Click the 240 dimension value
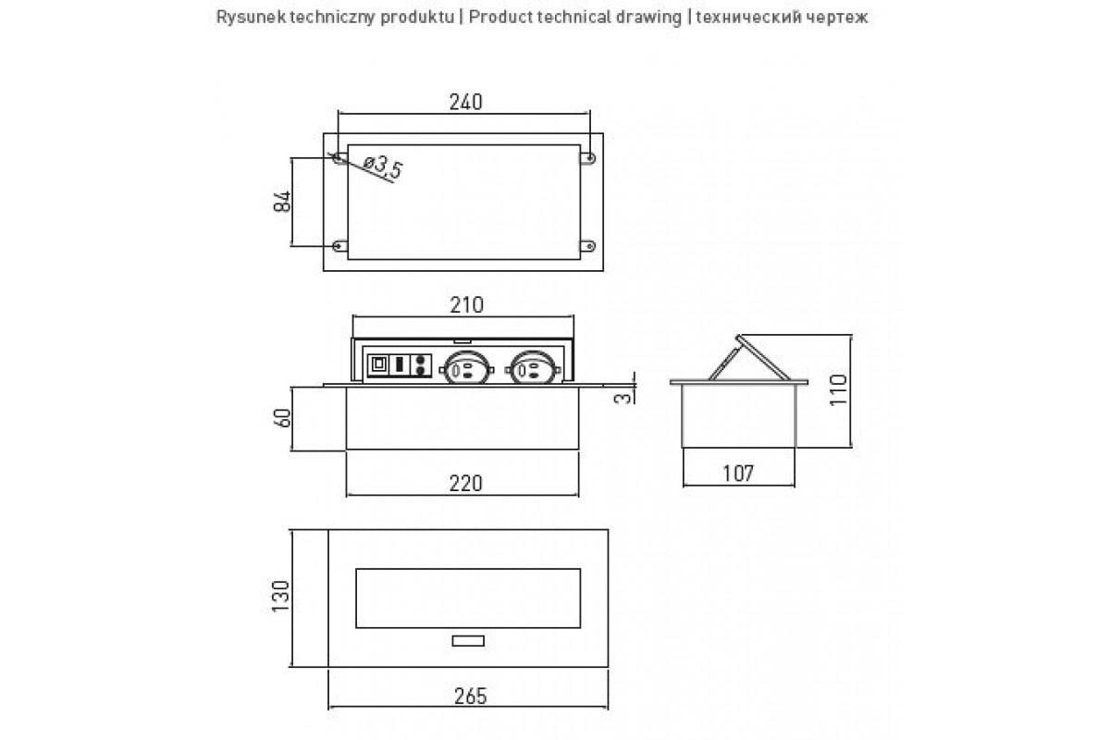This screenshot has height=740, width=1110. pos(465,102)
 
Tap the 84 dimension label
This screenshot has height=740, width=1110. pos(282,201)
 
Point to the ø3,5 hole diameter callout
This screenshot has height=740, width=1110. pos(383,166)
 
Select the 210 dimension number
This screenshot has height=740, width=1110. pos(466,305)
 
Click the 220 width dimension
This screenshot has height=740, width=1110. pos(465,483)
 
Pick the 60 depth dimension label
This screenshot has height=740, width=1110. pos(282,418)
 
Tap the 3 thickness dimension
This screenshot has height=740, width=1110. pos(623,398)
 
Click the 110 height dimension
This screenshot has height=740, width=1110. pos(838,390)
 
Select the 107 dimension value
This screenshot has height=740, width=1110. pos(738,474)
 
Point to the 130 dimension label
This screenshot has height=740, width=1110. pos(281,596)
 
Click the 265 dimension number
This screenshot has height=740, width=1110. pos(470,697)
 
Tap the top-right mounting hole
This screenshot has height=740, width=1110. pos(589,158)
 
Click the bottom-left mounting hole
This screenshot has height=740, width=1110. pos(339,245)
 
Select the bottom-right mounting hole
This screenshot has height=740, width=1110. pos(589,245)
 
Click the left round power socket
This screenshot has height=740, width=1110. pos(466,368)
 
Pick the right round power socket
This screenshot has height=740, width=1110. pos(533,368)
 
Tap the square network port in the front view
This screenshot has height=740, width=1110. pos(378,364)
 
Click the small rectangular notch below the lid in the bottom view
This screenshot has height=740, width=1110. pos(468,641)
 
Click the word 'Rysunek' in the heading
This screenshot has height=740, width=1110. pos(252,18)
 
